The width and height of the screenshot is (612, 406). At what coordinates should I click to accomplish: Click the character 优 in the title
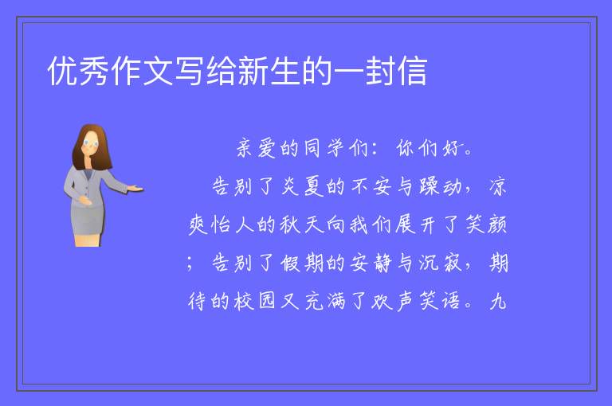coord(63,71)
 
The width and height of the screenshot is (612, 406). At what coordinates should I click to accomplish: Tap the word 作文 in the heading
coord(126,71)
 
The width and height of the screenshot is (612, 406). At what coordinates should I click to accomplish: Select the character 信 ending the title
coord(412,71)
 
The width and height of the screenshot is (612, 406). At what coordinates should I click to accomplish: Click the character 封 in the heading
coord(381,71)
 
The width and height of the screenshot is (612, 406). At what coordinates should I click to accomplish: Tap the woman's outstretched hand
coord(135,189)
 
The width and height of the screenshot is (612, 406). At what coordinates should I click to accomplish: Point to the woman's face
coord(91,143)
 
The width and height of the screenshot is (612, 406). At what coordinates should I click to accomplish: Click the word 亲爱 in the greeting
coord(256,149)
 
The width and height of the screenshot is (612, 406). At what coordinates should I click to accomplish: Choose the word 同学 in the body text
coord(324,148)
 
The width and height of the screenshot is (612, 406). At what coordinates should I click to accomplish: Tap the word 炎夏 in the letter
coord(302,186)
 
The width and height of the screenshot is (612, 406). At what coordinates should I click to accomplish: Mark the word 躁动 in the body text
coord(440,186)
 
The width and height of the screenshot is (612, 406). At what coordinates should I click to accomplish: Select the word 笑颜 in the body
coord(486,224)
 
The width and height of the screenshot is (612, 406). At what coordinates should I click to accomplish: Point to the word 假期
coord(302,263)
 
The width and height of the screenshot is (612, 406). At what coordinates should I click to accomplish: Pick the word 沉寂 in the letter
coord(440,263)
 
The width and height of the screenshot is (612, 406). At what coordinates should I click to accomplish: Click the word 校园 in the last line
coord(255,301)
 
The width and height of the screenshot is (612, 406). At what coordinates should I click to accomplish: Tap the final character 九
coord(498,301)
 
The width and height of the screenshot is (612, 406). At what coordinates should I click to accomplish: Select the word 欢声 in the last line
coord(394,301)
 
